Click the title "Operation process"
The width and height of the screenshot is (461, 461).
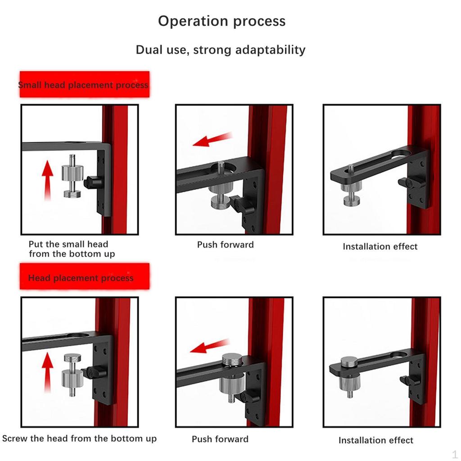[x=221, y=21]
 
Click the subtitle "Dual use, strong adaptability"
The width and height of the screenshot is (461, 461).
[x=221, y=50]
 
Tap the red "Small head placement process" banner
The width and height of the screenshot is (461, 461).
[x=84, y=85]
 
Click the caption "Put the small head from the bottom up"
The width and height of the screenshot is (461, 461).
[x=71, y=249]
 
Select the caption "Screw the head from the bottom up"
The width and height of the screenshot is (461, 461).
[x=80, y=438]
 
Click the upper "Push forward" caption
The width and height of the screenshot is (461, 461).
[x=225, y=245]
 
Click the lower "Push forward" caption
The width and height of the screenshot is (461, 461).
[x=220, y=439]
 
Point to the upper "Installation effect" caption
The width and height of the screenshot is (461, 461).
[x=380, y=247]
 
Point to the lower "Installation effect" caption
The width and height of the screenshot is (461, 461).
[x=376, y=440]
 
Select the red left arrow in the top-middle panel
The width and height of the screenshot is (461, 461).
[x=212, y=140]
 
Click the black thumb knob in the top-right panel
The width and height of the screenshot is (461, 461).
[x=405, y=183]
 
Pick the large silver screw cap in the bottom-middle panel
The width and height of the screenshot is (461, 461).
[x=232, y=361]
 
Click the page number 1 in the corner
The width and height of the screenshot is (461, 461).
[x=455, y=453]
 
